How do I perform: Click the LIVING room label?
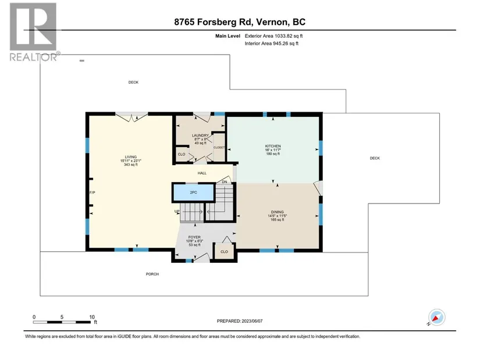click(x=131, y=157)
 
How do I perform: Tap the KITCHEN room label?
click(x=273, y=147)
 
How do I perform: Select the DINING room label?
click(x=278, y=212)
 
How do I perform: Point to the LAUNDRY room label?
click(x=200, y=136)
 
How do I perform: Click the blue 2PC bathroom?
click(x=194, y=193)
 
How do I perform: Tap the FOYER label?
click(x=194, y=237)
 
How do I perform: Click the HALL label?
click(x=202, y=173)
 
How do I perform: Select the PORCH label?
click(x=152, y=275)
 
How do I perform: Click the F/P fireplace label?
click(x=92, y=193)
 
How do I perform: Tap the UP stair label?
click(x=177, y=212)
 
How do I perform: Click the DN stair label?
click(x=225, y=182)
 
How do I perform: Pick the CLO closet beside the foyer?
click(x=224, y=252)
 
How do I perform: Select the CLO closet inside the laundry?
click(x=182, y=154)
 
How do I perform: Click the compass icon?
click(x=436, y=317)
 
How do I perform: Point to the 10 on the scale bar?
click(x=92, y=317)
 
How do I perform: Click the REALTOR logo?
click(x=33, y=32)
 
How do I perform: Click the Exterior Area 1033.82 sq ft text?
click(x=273, y=36)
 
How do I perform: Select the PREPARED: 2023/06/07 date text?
click(x=240, y=321)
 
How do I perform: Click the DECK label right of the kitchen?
click(x=375, y=158)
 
